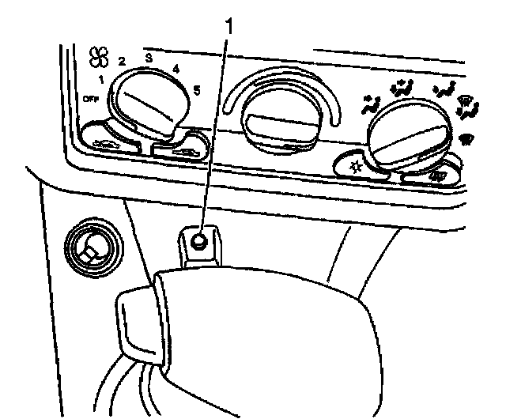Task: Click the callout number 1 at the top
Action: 230,26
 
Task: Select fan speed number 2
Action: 123,61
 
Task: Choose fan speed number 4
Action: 175,69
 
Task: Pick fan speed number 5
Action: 195,89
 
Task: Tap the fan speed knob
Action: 144,103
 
